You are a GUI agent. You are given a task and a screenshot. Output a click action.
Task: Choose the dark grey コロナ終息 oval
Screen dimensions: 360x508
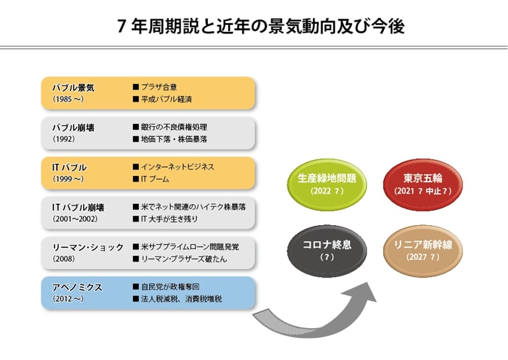pyautogui.click(x=328, y=249)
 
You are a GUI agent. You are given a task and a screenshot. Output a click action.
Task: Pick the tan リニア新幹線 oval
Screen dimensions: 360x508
pyautogui.click(x=422, y=249)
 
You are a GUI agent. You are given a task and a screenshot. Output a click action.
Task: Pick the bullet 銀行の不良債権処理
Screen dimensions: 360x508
pyautogui.click(x=173, y=127)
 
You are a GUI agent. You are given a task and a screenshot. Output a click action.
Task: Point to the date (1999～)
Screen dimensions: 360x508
pyautogui.click(x=68, y=179)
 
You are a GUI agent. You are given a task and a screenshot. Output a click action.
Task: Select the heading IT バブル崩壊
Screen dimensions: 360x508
pyautogui.click(x=78, y=207)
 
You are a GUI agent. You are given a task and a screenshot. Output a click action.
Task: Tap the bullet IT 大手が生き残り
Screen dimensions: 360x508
pyautogui.click(x=169, y=219)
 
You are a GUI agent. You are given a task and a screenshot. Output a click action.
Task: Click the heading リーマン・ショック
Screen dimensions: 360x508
pyautogui.click(x=88, y=247)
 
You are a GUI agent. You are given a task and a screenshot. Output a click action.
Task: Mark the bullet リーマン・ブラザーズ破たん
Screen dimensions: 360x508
pyautogui.click(x=183, y=259)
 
